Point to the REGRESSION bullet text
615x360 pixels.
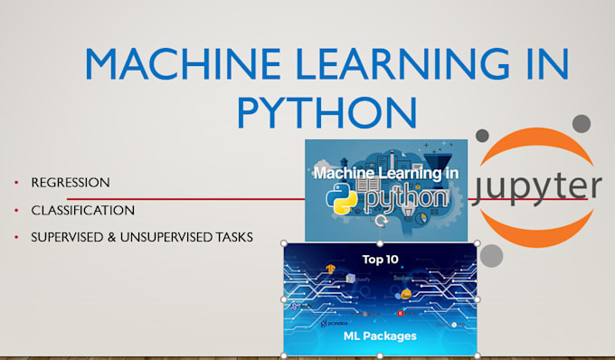point(71,183)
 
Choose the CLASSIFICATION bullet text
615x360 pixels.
point(82,210)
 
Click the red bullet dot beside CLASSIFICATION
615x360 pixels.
point(15,211)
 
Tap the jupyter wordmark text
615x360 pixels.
point(537,187)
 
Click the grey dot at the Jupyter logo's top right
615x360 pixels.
point(582,122)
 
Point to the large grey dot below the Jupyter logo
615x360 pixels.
point(491,256)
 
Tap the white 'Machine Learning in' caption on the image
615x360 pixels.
point(385,172)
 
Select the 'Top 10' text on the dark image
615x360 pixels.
point(381,259)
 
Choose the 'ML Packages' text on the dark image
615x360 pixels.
point(380,336)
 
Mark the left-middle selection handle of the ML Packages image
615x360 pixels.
point(284,298)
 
